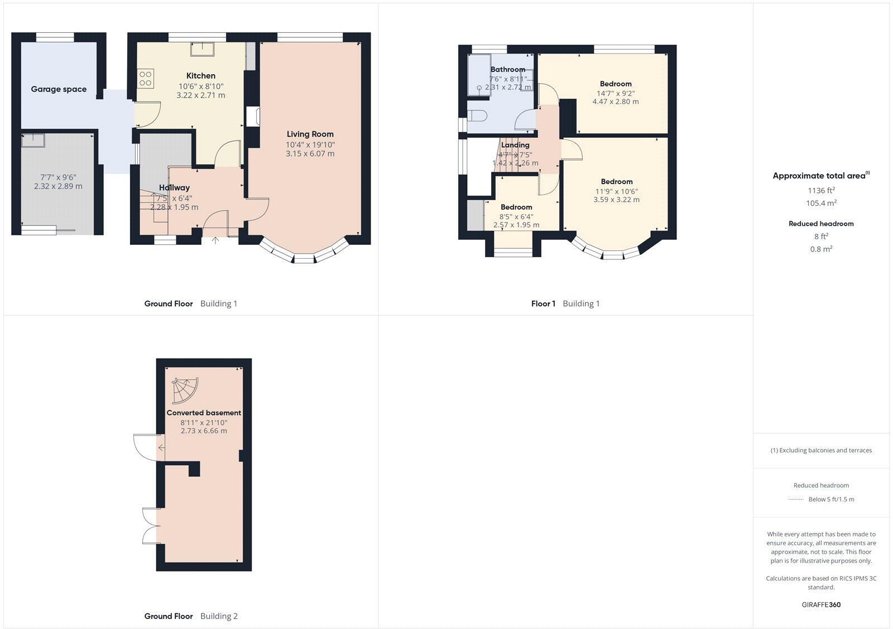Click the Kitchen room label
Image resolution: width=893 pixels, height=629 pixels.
pos(201,76)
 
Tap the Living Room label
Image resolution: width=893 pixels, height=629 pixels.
pos(310,134)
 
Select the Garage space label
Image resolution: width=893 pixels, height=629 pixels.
pos(59,89)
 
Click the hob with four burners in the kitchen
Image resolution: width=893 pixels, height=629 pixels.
pos(146,78)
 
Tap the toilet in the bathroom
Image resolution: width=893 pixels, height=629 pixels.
pos(478,116)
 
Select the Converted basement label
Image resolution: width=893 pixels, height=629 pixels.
pos(204,413)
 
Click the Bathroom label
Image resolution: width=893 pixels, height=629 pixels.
pos(507,70)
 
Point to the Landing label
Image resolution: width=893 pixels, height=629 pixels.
pos(515,145)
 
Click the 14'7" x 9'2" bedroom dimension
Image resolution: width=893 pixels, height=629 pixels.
pos(616,94)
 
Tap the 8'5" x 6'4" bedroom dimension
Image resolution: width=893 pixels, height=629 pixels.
pos(516,216)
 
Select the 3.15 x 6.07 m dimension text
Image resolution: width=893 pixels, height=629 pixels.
pos(310,154)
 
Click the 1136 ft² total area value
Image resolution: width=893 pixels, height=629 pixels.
pos(820,190)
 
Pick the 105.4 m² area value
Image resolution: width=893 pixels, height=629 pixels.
pos(820,203)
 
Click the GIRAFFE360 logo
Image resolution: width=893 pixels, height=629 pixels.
pos(821,604)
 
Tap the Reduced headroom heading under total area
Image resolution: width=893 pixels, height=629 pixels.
pos(821,224)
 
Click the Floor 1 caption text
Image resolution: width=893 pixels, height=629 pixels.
pos(543,304)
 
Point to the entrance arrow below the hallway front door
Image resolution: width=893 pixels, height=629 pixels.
pos(215,241)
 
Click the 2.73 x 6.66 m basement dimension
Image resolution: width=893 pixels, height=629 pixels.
pos(204,431)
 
